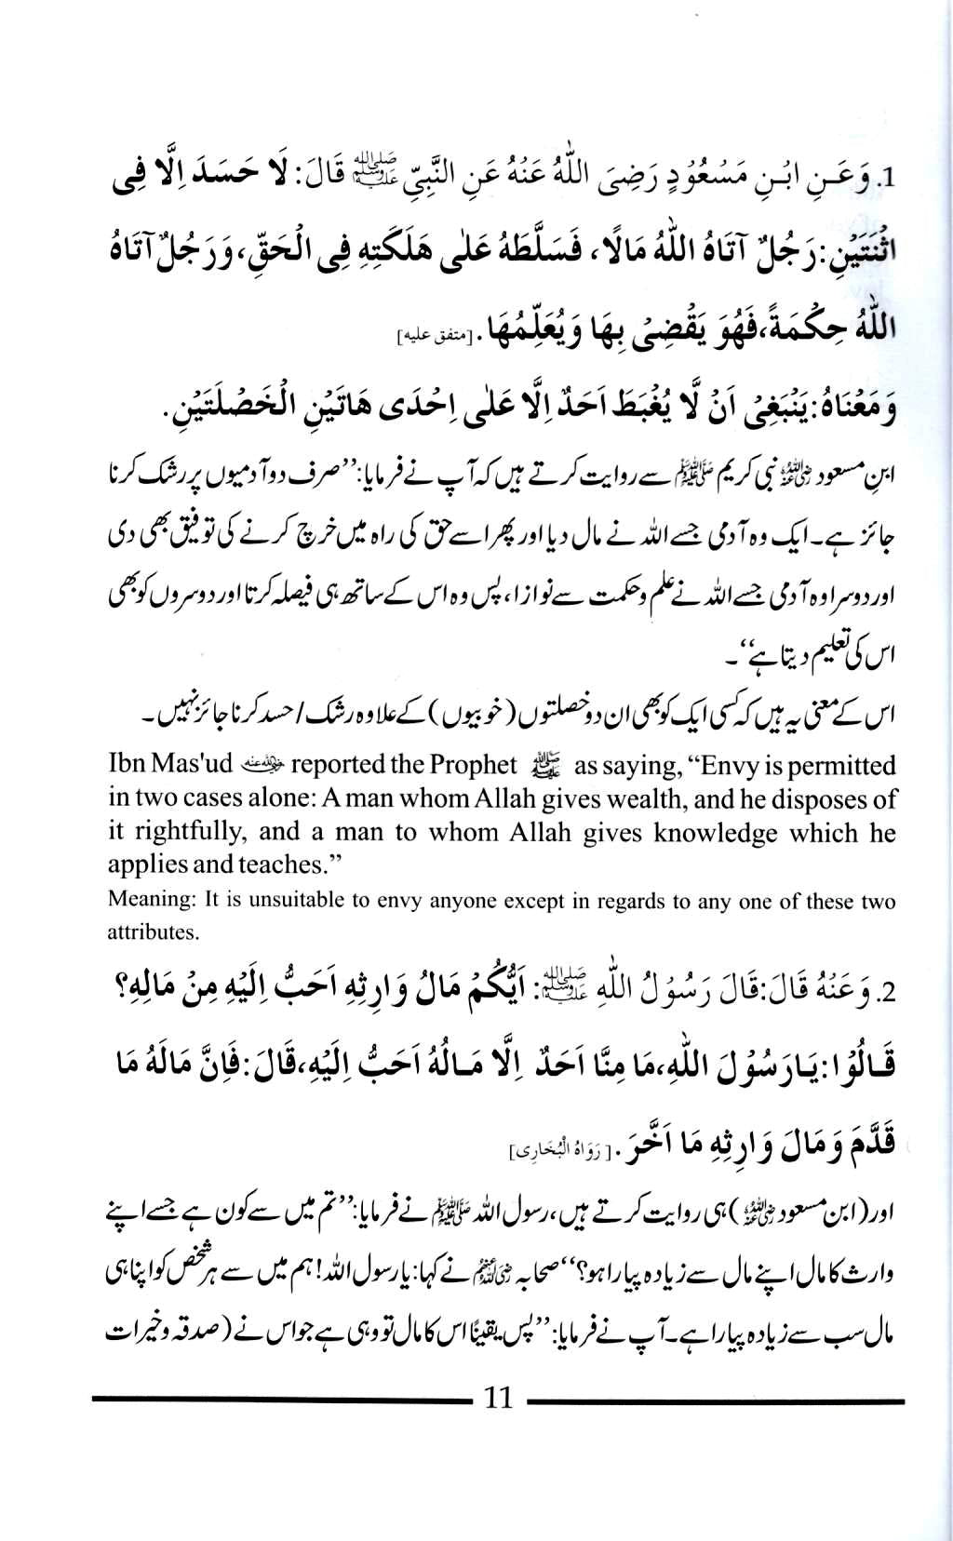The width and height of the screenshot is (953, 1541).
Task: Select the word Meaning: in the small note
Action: [x=142, y=901]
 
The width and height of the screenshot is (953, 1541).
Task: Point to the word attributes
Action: [x=141, y=931]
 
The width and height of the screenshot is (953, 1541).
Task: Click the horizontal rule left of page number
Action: [x=278, y=1400]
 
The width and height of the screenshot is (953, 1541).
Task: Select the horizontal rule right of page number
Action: [x=715, y=1400]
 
